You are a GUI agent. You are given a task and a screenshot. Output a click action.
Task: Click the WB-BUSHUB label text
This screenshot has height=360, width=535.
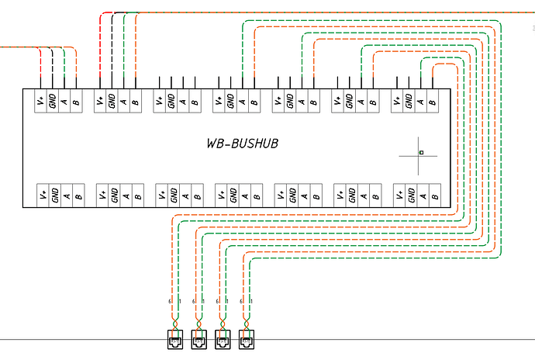pos(243,144)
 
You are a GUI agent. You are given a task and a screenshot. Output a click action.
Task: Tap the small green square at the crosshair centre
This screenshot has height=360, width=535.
pos(420,153)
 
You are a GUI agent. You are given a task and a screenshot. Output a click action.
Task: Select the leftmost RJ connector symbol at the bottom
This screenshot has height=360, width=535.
pos(174,338)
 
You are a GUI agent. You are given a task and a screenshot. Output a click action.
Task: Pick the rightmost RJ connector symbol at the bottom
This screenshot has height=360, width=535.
pos(247,338)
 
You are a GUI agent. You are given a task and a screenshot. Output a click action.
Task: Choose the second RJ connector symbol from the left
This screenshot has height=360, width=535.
pos(198,338)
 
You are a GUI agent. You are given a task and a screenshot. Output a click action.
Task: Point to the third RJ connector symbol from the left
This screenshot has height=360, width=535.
pos(223,338)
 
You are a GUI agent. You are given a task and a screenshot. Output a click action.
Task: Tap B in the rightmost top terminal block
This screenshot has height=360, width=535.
pos(433,100)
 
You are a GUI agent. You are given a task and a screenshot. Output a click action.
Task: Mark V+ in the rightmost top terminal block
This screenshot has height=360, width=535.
pos(398,100)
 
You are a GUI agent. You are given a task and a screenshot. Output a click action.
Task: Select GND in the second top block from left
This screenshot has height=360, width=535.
pos(113,100)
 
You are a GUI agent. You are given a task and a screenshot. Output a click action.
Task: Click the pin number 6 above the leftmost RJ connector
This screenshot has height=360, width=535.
pos(170,300)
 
